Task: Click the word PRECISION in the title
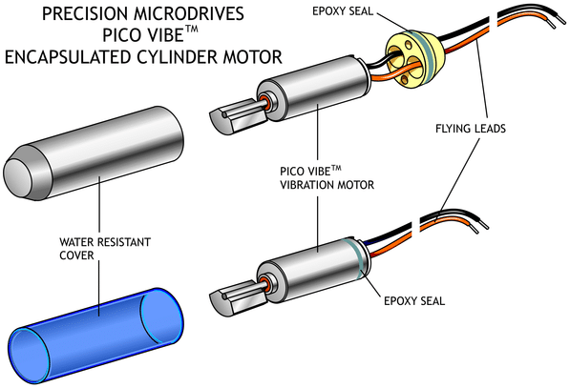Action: (85, 13)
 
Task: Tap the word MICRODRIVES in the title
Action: (189, 13)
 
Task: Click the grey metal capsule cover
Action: (94, 153)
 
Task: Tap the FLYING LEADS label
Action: (471, 129)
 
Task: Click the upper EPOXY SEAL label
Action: (343, 11)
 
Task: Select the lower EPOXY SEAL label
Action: (414, 301)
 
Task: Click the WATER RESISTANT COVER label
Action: (105, 249)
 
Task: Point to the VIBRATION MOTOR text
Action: (327, 185)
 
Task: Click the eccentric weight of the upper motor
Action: (238, 116)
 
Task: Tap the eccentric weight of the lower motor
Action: (238, 297)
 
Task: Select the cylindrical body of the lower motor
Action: (313, 270)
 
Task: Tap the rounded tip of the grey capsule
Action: (17, 174)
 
